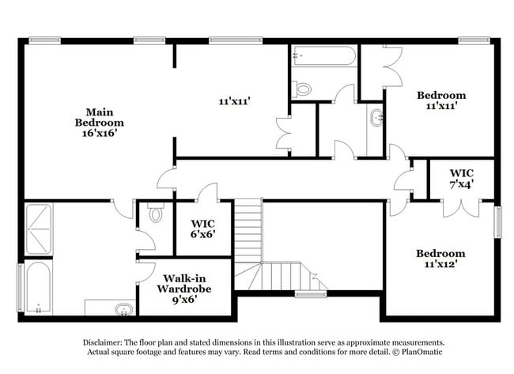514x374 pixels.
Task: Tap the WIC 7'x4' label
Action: tap(462, 179)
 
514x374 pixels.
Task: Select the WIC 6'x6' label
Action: tap(203, 229)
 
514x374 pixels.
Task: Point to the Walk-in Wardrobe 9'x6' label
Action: tap(187, 289)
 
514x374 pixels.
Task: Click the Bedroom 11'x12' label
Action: tap(441, 259)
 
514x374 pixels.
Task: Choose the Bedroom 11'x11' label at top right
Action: tap(441, 100)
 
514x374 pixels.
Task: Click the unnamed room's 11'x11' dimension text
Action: tap(234, 101)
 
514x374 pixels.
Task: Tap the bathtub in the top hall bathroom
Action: tap(324, 56)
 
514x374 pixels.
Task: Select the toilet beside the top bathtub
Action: tap(303, 89)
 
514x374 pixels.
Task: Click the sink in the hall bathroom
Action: tap(376, 119)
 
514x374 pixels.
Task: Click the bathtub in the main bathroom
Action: tap(36, 287)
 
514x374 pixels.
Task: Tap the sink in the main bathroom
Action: tap(123, 309)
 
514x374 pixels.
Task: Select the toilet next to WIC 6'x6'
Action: tap(155, 213)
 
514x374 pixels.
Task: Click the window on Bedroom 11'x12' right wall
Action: tap(498, 221)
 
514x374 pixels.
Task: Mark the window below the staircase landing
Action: tap(311, 294)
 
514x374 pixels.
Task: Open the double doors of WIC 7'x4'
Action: tap(454, 207)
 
